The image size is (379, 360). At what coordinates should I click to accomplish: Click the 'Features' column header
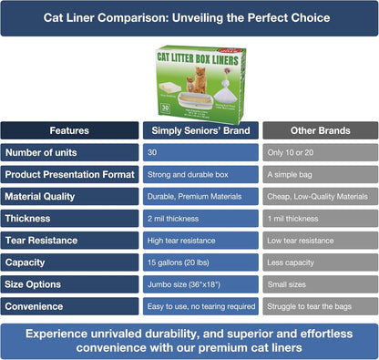tap(69, 130)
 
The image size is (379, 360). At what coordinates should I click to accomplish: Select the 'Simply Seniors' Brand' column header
tap(200, 130)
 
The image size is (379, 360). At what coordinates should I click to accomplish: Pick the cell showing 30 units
tap(200, 152)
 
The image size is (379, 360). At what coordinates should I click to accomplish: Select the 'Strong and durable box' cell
tap(200, 174)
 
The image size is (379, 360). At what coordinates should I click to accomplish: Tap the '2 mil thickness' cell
tap(200, 218)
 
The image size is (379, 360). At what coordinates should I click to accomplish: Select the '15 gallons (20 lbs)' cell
tap(200, 262)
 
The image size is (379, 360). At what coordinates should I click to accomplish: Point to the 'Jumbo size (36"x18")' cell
tap(200, 283)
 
